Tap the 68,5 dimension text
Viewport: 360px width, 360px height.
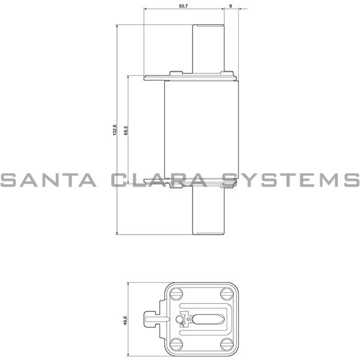point(125,130)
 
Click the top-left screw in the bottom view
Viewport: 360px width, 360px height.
point(176,295)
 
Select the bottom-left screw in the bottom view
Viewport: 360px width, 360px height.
point(176,344)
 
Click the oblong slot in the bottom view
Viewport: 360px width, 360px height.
point(208,319)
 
